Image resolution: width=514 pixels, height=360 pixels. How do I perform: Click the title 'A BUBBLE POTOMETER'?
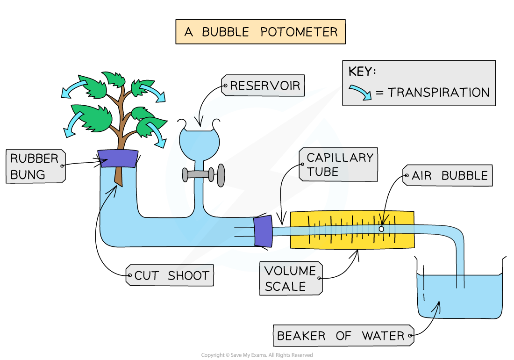tap(260, 32)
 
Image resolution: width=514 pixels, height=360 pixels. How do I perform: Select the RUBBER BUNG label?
tap(35, 166)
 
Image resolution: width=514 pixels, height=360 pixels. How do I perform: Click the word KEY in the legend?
tap(362, 72)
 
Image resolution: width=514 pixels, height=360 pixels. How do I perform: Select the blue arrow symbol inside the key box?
tap(361, 92)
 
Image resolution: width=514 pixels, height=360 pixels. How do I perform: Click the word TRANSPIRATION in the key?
tap(438, 93)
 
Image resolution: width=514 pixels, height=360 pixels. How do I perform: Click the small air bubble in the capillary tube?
tap(381, 229)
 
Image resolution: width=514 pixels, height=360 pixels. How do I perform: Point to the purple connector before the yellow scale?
tap(263, 231)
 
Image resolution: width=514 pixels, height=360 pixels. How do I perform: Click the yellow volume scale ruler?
tap(352, 229)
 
